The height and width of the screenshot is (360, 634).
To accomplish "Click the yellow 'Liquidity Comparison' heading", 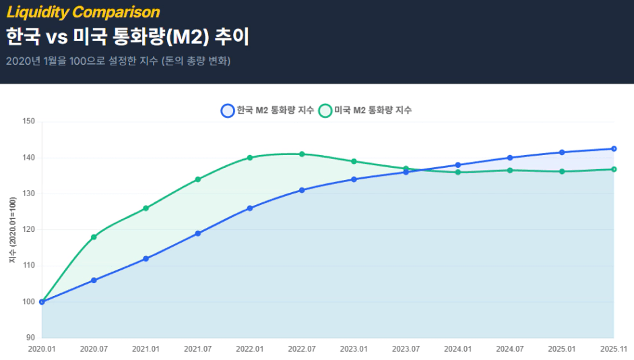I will coord(83,12).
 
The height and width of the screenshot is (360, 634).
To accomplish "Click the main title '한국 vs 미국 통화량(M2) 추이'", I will coord(127,36).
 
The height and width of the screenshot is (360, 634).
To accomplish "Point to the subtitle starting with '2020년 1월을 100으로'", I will coord(118,61).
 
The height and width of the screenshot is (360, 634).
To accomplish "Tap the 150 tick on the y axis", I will coord(28,122).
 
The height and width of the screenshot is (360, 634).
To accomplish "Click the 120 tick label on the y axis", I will coord(28,230).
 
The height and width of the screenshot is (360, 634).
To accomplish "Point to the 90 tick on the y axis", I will coord(30,338).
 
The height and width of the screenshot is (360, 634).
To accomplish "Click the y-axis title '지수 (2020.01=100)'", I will coord(11,230).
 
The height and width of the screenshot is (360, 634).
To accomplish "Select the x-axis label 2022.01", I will coord(249,349).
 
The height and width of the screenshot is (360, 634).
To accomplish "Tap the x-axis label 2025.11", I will coord(613,349).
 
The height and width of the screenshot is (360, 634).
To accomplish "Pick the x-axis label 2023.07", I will coord(406,349).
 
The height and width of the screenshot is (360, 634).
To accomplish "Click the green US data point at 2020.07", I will coord(94,237).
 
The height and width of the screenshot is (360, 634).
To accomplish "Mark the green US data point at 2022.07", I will coord(302,154).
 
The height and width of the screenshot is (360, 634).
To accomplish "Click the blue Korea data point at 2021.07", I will coord(198,233).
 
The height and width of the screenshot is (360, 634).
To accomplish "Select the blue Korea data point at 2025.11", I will coord(614,149).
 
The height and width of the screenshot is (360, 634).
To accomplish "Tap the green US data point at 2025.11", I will coord(614,169).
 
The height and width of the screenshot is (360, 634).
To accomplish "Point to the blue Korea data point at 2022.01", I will coord(250,208).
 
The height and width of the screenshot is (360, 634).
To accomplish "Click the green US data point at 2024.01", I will coord(458,172).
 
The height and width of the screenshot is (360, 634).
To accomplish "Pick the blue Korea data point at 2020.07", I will coord(94,280).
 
